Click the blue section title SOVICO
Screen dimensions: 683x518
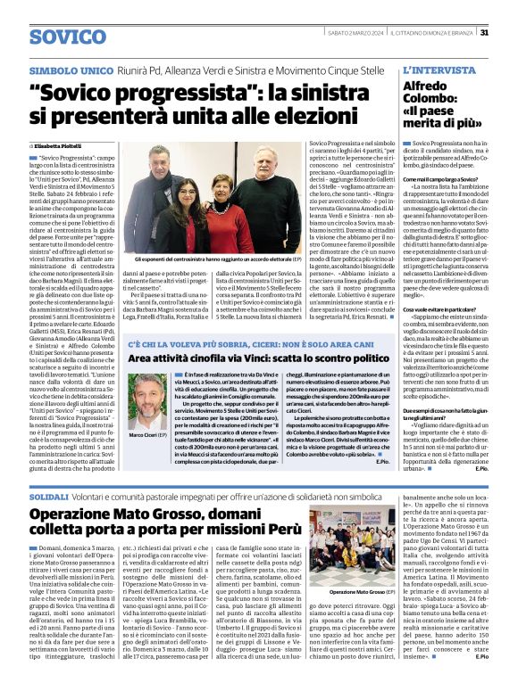pos(67,37)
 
